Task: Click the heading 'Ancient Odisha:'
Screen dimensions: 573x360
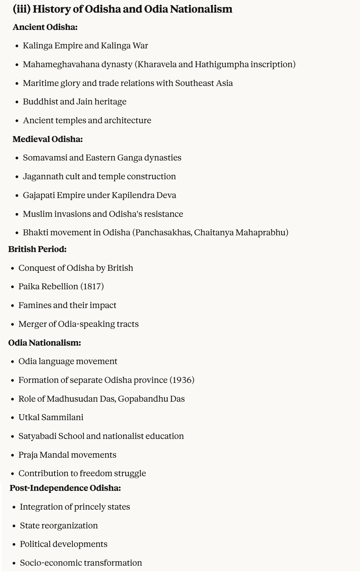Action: pyautogui.click(x=45, y=27)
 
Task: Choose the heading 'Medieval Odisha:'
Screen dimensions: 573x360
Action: pyautogui.click(x=48, y=139)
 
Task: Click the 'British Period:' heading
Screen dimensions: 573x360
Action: pyautogui.click(x=37, y=249)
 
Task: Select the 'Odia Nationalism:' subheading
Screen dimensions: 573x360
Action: pyautogui.click(x=45, y=343)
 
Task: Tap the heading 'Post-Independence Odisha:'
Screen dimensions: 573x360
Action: pyautogui.click(x=65, y=488)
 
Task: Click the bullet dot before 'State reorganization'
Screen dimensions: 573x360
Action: pyautogui.click(x=14, y=526)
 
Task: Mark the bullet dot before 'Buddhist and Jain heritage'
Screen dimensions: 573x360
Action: pyautogui.click(x=17, y=102)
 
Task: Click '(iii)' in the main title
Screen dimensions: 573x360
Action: pyautogui.click(x=21, y=9)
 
